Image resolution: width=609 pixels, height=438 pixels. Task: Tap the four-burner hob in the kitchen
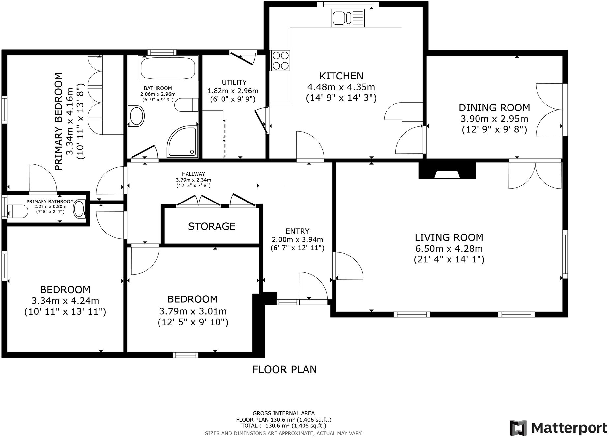280,60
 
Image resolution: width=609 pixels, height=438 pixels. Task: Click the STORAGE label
212,226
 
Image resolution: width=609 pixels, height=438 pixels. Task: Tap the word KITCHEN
341,76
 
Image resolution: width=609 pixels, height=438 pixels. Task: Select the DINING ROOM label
494,108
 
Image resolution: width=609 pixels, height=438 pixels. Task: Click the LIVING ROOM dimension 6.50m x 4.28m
449,249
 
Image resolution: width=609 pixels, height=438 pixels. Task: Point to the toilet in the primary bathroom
17,211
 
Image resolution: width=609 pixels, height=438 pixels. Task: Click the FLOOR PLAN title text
284,370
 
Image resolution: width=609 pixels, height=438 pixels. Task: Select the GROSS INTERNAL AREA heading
283,413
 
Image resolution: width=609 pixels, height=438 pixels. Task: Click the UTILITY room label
234,82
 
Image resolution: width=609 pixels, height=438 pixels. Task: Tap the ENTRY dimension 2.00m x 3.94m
297,240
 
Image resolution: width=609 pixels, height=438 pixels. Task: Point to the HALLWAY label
193,174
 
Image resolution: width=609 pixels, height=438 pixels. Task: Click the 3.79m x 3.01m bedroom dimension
193,311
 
